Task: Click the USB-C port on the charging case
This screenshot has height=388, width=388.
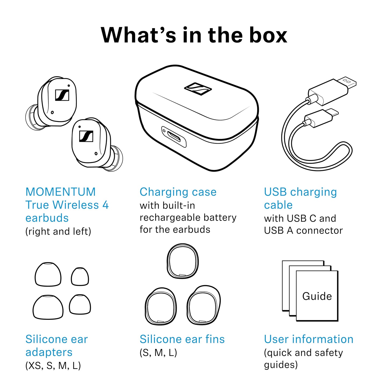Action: click(x=174, y=137)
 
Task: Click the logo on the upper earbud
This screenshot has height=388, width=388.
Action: click(x=62, y=95)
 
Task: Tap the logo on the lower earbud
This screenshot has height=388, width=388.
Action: click(x=86, y=136)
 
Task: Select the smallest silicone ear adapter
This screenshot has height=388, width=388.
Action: click(x=80, y=277)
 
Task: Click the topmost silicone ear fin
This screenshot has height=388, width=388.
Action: click(x=183, y=261)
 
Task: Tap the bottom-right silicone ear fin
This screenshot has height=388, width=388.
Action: click(x=204, y=305)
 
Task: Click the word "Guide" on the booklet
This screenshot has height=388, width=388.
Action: click(x=317, y=296)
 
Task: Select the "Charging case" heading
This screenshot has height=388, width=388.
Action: click(x=178, y=192)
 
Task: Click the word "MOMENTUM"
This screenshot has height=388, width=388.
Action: click(x=61, y=192)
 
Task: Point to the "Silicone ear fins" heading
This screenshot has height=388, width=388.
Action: click(x=182, y=339)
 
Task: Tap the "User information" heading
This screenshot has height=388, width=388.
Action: click(x=309, y=339)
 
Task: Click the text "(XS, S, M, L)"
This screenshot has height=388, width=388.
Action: click(x=53, y=365)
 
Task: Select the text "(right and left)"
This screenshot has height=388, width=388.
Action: click(x=58, y=231)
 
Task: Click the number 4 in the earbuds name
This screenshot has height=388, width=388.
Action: click(x=106, y=205)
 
